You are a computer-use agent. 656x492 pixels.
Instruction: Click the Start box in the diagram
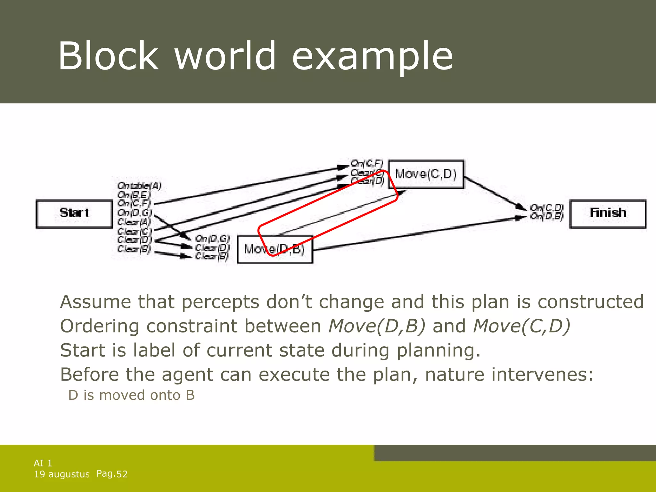(x=74, y=214)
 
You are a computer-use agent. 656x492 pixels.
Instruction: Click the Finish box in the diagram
(x=608, y=214)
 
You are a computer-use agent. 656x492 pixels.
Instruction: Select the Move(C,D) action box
(x=426, y=174)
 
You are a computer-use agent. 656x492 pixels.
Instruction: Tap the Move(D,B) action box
(x=275, y=249)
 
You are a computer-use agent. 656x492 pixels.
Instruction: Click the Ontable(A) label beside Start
(x=139, y=185)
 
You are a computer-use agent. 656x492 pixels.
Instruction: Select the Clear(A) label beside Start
(x=134, y=222)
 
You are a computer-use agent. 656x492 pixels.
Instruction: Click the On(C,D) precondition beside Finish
(x=546, y=208)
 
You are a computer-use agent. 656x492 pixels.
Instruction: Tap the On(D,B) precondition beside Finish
(x=546, y=217)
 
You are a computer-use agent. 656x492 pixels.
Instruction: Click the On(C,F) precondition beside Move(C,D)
(x=367, y=163)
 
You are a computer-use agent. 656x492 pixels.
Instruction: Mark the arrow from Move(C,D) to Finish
(x=495, y=194)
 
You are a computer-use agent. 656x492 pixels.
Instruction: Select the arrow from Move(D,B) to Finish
(x=416, y=232)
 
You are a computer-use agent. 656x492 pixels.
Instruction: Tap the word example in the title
(x=372, y=57)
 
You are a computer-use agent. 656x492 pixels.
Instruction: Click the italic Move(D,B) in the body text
(x=377, y=326)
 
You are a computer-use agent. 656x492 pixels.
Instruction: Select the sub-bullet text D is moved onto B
(x=131, y=395)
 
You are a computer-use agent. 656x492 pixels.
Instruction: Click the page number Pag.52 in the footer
(x=112, y=474)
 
